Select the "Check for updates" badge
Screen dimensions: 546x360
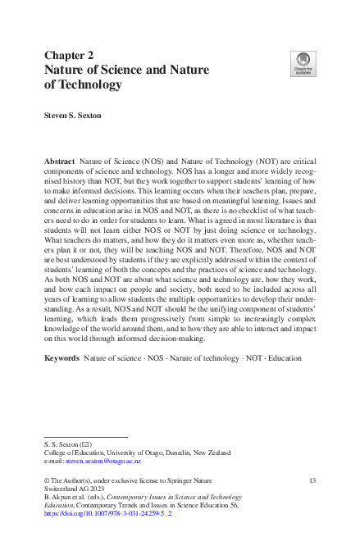(x=303, y=62)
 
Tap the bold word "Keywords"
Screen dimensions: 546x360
(x=62, y=382)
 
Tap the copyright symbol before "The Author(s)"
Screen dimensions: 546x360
(x=47, y=479)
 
